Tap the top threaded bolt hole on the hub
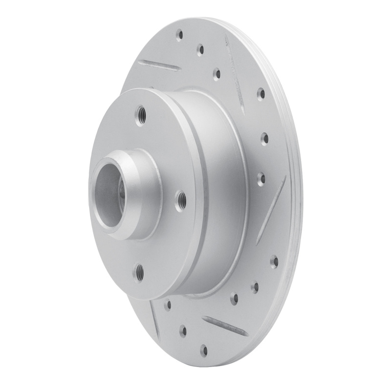(x=141, y=115)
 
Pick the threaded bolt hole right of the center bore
(x=181, y=198)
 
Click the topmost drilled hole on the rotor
(x=179, y=35)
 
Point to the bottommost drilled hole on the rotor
(x=203, y=350)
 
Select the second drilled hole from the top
(x=200, y=49)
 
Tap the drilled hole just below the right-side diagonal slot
(x=274, y=261)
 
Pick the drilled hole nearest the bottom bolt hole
(x=168, y=305)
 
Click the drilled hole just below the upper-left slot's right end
(x=217, y=74)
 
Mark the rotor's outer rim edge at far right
(x=299, y=195)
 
